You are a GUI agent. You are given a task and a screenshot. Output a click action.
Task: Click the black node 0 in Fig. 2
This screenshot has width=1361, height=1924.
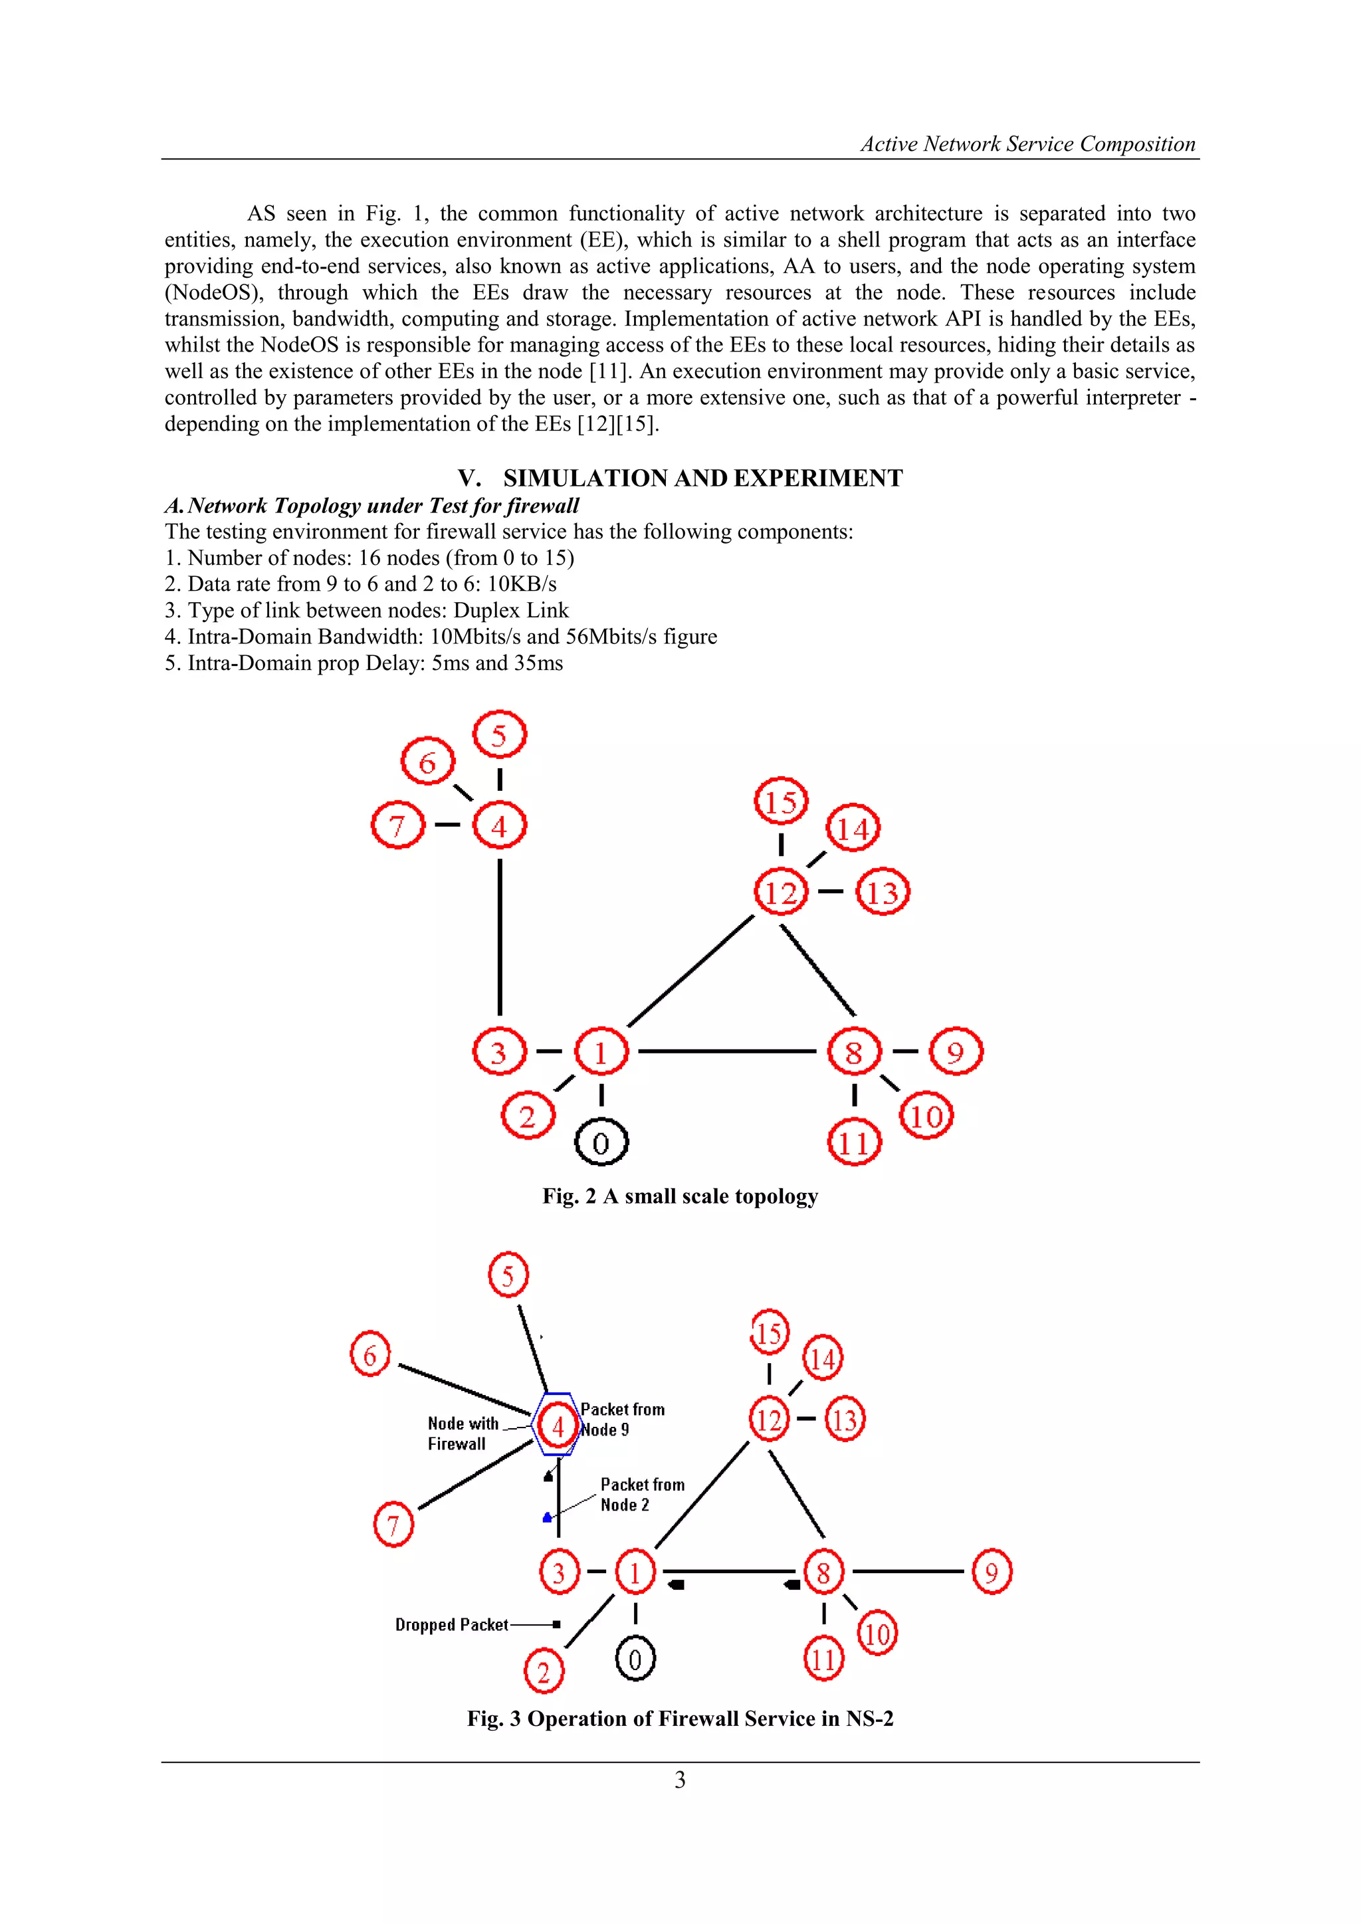[601, 1142]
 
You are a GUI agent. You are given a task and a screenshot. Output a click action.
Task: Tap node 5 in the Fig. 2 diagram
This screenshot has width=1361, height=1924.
[500, 735]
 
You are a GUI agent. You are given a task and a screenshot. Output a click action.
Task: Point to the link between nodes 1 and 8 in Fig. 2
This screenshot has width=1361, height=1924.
[726, 1051]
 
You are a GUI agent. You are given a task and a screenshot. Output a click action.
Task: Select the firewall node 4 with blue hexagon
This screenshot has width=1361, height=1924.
[558, 1426]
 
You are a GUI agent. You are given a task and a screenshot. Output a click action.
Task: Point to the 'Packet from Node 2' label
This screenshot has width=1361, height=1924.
[642, 1494]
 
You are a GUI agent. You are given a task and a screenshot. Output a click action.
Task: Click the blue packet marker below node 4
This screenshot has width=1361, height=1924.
[547, 1517]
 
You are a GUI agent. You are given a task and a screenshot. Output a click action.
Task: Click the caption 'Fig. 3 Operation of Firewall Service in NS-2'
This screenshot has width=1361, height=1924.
[680, 1719]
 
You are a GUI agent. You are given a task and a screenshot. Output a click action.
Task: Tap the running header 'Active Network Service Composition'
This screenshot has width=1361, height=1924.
[1027, 144]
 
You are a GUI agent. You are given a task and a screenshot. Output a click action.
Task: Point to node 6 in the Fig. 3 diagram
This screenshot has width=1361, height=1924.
[369, 1355]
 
